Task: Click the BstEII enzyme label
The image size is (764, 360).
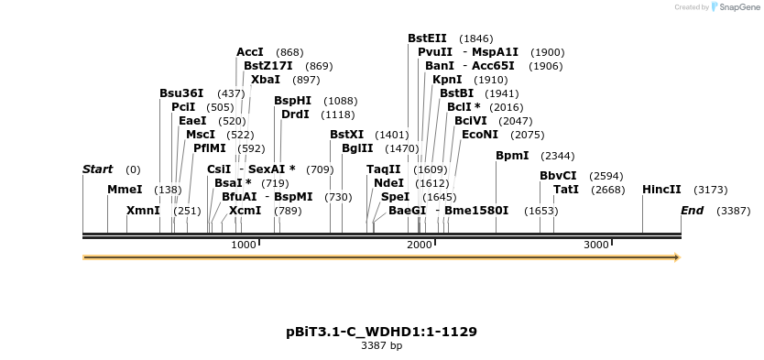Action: pyautogui.click(x=427, y=38)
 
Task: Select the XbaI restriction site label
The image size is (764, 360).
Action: pyautogui.click(x=266, y=80)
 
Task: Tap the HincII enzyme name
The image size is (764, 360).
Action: pyautogui.click(x=661, y=190)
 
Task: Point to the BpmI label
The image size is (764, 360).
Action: pyautogui.click(x=512, y=156)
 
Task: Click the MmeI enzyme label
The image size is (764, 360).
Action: pyautogui.click(x=125, y=190)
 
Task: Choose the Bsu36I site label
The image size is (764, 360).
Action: pyautogui.click(x=181, y=93)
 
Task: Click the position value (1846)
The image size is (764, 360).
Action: pyautogui.click(x=475, y=38)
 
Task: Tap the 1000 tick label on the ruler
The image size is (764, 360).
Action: pyautogui.click(x=243, y=245)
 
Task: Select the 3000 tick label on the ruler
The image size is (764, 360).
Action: pyautogui.click(x=595, y=245)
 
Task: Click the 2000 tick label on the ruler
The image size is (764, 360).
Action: pyautogui.click(x=419, y=245)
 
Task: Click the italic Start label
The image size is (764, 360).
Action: pyautogui.click(x=97, y=169)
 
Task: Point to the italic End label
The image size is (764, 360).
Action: pyautogui.click(x=692, y=211)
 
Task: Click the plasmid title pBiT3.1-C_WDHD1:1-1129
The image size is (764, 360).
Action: pyautogui.click(x=381, y=332)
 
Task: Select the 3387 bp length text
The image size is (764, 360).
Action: pyautogui.click(x=381, y=346)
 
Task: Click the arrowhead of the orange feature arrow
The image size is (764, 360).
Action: pyautogui.click(x=677, y=257)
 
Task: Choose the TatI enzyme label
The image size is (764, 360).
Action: pyautogui.click(x=566, y=190)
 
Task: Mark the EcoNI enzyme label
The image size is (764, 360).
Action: pyautogui.click(x=480, y=135)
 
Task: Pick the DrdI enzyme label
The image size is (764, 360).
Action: pyautogui.click(x=295, y=115)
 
